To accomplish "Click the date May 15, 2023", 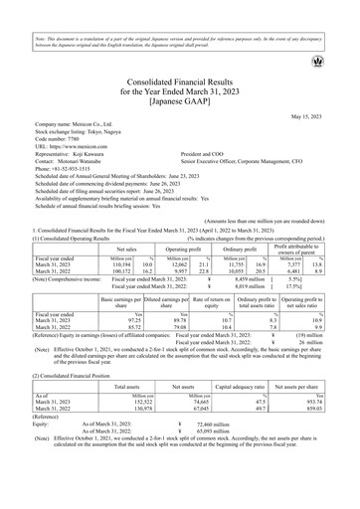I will click(x=325, y=116).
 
